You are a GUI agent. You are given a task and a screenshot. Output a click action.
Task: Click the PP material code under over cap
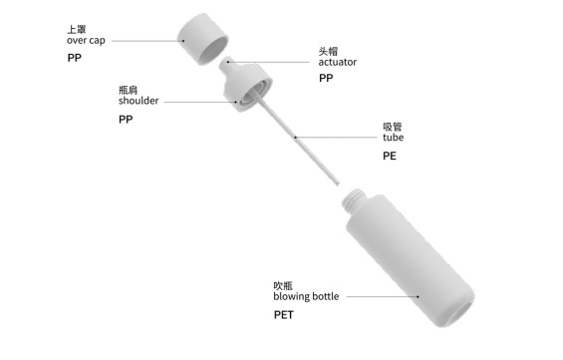pyautogui.click(x=75, y=60)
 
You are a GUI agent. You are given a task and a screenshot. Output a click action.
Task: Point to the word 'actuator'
pyautogui.click(x=338, y=62)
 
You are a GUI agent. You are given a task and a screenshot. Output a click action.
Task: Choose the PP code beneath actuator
pyautogui.click(x=326, y=80)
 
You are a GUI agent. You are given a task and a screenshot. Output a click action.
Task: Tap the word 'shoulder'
pyautogui.click(x=139, y=101)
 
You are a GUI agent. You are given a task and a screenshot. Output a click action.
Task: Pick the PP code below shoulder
pyautogui.click(x=126, y=120)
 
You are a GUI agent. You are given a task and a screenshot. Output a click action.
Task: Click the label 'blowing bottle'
pyautogui.click(x=306, y=296)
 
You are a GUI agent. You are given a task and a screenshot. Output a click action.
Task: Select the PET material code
pyautogui.click(x=284, y=315)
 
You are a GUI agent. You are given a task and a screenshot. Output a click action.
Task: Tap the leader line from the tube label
pyautogui.click(x=339, y=138)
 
